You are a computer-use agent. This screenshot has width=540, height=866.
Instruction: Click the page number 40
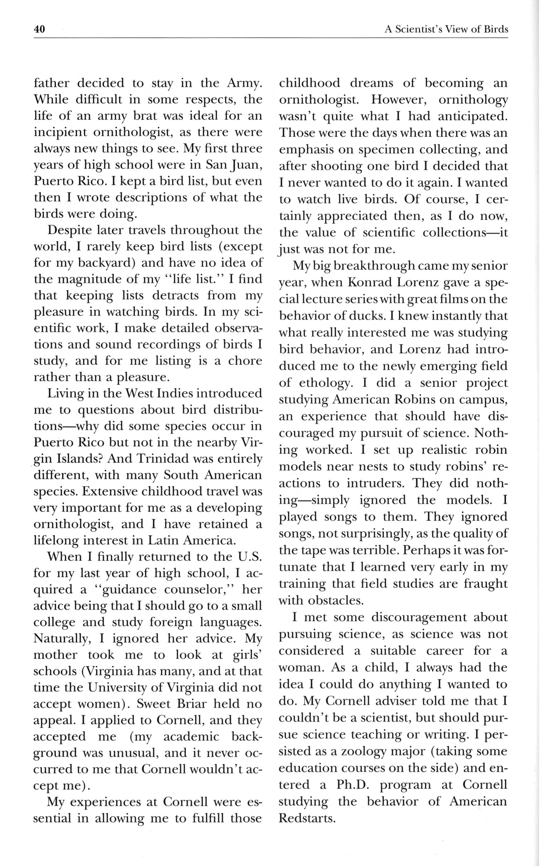pos(39,29)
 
